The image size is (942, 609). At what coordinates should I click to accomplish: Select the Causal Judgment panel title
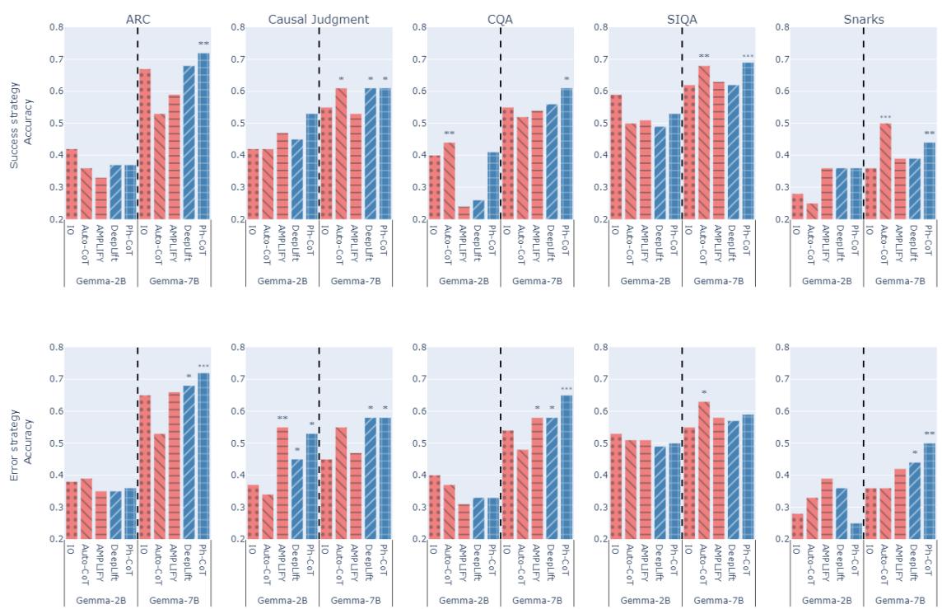pos(319,18)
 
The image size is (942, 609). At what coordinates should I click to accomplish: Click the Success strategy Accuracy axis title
pos(21,124)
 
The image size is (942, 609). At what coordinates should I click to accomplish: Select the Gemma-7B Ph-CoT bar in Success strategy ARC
pos(203,136)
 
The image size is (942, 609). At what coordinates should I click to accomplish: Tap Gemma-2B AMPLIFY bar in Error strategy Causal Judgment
pos(282,483)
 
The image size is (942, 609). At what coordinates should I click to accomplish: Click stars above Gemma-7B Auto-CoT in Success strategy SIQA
pos(704,57)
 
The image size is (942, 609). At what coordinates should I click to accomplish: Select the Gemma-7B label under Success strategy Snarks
pos(899,281)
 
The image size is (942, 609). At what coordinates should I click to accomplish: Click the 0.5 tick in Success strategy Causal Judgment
pos(238,124)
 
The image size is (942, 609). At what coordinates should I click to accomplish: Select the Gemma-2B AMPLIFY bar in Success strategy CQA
pos(464,213)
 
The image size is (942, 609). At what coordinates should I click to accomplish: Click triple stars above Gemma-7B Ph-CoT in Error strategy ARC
pos(203,366)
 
